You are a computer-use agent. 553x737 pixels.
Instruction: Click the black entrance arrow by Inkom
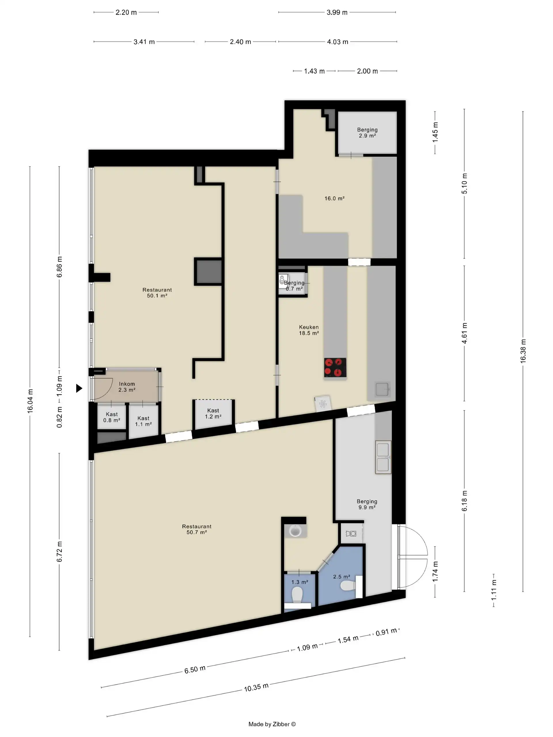[x=79, y=388]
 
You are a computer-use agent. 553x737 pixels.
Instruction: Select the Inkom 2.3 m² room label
[x=127, y=387]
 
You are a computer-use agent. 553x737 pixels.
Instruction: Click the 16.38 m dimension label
[x=523, y=351]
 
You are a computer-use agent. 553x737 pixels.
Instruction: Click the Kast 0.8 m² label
[x=112, y=417]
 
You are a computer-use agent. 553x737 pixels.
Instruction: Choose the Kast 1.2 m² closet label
[x=213, y=413]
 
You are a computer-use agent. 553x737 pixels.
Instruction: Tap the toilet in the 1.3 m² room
[x=297, y=595]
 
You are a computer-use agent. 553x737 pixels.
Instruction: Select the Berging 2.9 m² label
[x=367, y=133]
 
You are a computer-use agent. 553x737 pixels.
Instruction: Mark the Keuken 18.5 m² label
[x=309, y=330]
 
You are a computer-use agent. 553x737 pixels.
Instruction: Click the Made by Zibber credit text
[x=272, y=724]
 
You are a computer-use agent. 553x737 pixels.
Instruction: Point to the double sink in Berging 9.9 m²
[x=383, y=457]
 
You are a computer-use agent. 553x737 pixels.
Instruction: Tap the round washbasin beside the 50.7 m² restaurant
[x=295, y=530]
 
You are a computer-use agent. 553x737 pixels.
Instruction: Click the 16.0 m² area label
[x=334, y=198]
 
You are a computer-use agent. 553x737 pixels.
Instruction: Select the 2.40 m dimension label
[x=240, y=42]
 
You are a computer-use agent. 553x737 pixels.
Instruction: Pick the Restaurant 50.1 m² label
[x=157, y=292]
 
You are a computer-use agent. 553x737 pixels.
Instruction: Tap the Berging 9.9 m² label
[x=367, y=504]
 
